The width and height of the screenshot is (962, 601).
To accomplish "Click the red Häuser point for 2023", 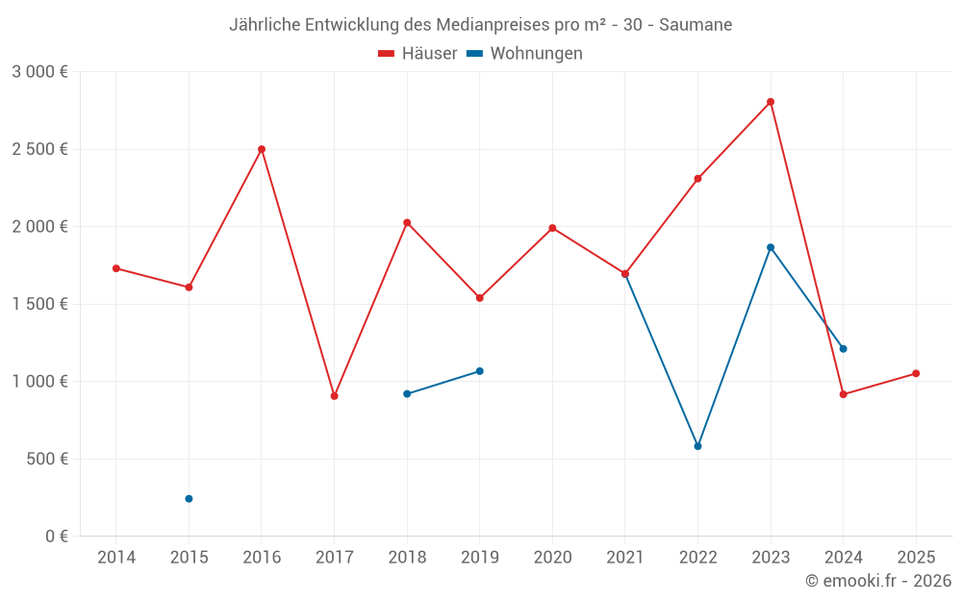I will point(771,102).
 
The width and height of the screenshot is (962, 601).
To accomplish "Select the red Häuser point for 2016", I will point(262,149).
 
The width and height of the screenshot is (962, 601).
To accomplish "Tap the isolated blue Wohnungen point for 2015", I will point(189,499).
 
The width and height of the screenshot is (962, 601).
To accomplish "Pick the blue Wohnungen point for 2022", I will point(697,446).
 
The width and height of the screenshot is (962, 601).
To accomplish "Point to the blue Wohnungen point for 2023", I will point(771,247).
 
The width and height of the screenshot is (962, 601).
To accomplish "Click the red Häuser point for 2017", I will point(334,396).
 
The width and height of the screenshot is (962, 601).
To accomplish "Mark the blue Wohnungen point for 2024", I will point(843,349).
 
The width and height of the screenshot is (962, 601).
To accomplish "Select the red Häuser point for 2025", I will point(916,374).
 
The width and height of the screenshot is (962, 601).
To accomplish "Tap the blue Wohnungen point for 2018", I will point(407,394).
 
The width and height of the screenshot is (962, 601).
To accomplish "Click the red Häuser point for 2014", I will point(116,268).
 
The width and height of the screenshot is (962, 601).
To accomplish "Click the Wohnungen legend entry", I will point(525,54).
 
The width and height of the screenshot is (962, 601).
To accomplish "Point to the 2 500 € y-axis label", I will point(39,149).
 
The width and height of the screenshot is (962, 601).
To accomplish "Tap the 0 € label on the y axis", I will point(56,537).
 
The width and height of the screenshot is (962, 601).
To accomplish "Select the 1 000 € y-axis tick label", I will point(39,382).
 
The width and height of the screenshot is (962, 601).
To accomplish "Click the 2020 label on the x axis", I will point(552,558).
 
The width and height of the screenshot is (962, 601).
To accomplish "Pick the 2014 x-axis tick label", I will point(116,558).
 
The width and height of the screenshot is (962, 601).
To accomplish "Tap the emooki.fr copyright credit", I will point(878,581).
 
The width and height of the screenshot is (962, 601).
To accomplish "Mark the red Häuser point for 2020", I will point(552,228).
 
